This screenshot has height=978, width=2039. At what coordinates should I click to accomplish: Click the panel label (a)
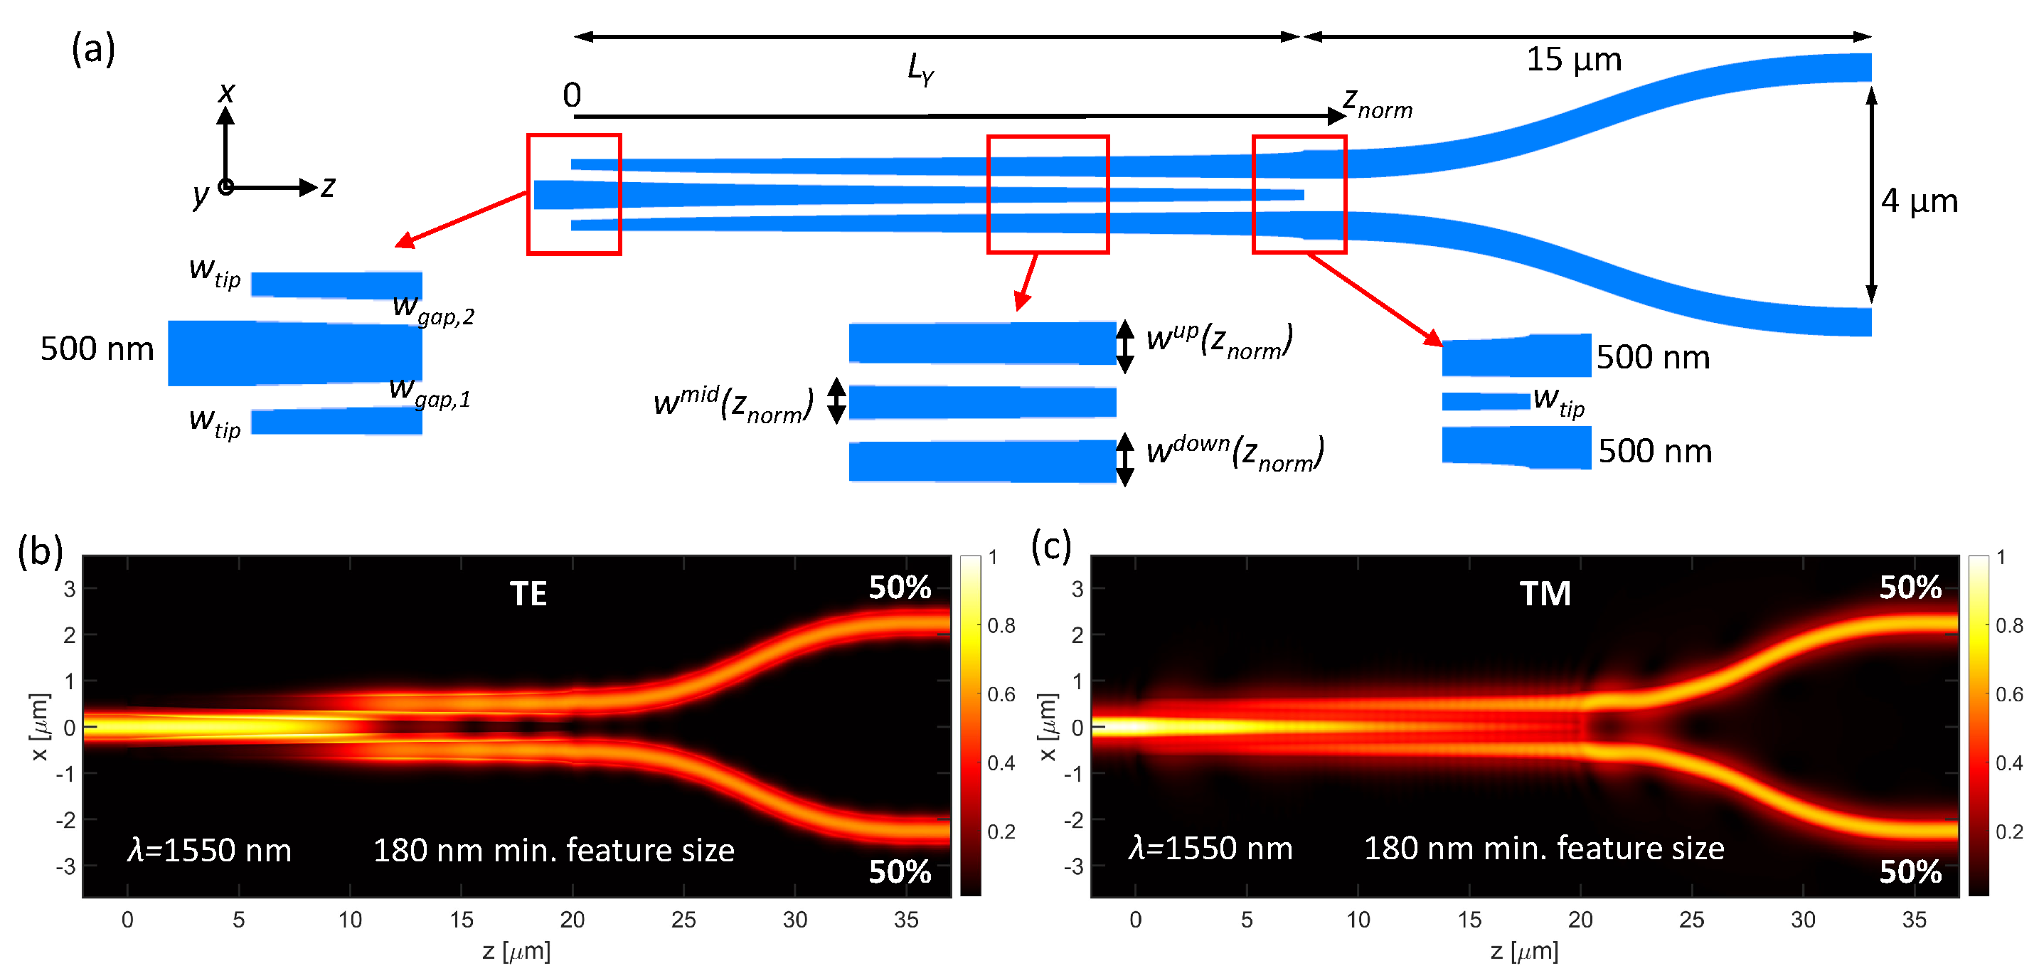93,49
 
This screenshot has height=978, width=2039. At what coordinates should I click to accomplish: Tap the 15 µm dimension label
1574,60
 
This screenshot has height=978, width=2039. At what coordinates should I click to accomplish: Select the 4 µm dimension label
1920,201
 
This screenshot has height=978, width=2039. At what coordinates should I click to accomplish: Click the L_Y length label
920,69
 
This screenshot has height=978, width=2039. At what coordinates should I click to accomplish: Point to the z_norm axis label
1378,104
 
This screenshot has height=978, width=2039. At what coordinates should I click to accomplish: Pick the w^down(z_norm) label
1235,453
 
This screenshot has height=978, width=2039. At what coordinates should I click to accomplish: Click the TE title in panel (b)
528,594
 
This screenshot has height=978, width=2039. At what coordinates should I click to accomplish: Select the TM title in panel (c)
1545,594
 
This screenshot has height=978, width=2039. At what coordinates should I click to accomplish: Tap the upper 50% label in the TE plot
900,588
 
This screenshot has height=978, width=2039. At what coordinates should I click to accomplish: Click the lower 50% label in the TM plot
1910,872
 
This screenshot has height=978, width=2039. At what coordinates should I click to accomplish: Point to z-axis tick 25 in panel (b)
683,920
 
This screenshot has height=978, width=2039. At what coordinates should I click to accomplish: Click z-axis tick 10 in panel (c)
1358,920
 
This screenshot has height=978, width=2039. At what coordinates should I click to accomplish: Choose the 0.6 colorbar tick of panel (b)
1001,694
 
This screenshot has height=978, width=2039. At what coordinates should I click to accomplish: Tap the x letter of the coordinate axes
226,92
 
